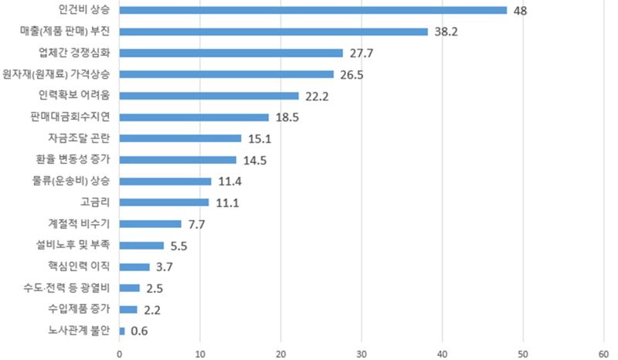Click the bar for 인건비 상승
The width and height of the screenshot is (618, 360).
[313, 11]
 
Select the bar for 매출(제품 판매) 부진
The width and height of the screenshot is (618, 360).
[273, 32]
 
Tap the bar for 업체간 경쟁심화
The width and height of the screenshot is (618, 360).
[231, 53]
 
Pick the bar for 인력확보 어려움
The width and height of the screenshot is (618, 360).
[209, 96]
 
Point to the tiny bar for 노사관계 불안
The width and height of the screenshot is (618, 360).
[122, 331]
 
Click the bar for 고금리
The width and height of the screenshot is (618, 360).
[164, 202]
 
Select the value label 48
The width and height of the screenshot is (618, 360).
[521, 11]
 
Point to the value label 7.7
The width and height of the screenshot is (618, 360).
[196, 225]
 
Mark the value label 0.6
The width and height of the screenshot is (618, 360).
[139, 331]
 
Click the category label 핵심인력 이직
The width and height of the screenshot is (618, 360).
[78, 267]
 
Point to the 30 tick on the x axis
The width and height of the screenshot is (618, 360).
[362, 354]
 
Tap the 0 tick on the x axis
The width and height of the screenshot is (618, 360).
[120, 354]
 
